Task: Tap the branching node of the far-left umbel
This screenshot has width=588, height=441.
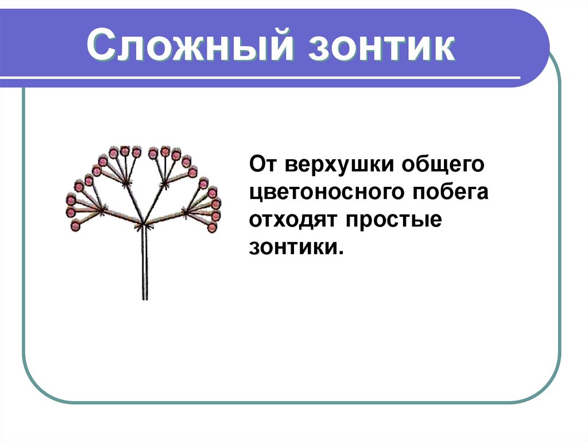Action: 102,210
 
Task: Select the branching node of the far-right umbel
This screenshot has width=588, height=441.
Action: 187,212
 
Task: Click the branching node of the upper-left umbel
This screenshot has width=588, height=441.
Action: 126,182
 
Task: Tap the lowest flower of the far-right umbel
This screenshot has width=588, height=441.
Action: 212,228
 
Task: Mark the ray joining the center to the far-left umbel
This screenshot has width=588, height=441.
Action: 122,217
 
